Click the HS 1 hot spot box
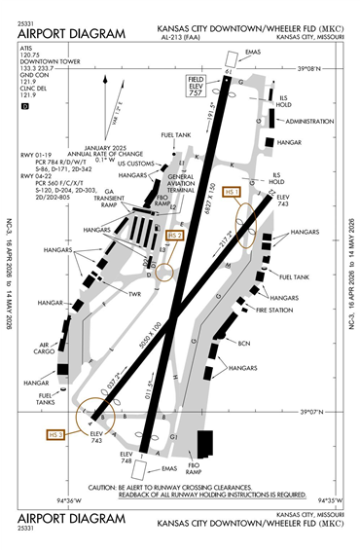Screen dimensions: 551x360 pyautogui.click(x=232, y=193)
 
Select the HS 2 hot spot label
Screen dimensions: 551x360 pyautogui.click(x=176, y=235)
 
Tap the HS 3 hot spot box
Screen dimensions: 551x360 pyautogui.click(x=54, y=433)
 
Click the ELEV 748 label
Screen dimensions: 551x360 pyautogui.click(x=126, y=457)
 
